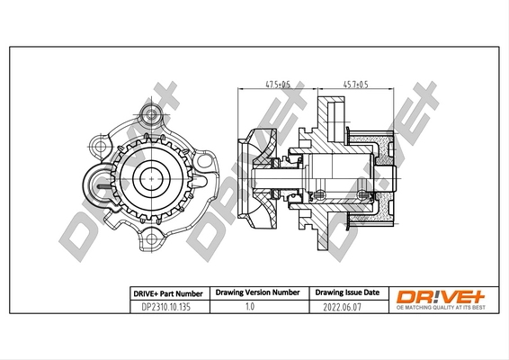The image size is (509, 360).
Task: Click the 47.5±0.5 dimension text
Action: click(x=276, y=84)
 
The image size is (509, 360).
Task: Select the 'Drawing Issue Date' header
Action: click(x=345, y=293)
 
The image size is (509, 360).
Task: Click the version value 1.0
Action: click(x=251, y=307)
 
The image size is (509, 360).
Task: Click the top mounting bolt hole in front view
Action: click(x=154, y=114)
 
